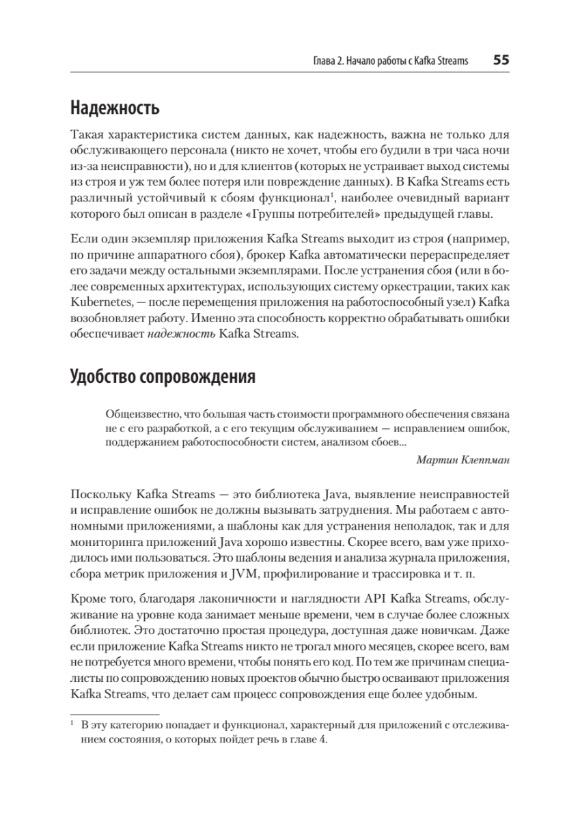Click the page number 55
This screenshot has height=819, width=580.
[x=501, y=60]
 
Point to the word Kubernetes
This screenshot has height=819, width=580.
[x=98, y=301]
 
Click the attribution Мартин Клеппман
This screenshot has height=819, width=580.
[x=462, y=459]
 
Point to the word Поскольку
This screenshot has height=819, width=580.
[x=100, y=493]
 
